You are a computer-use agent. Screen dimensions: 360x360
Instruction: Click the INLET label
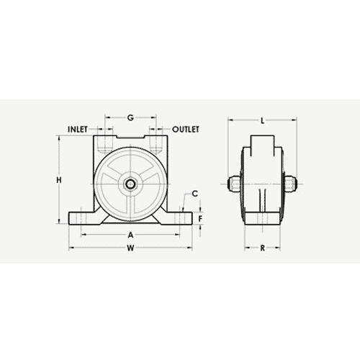[77, 130]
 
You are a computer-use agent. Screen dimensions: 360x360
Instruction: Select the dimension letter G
[130, 117]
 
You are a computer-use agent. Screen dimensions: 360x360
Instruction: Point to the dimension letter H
[60, 179]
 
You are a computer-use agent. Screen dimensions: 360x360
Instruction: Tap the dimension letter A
[130, 235]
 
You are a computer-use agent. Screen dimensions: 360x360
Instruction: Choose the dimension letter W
[130, 250]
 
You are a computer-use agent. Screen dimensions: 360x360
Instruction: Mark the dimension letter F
[201, 218]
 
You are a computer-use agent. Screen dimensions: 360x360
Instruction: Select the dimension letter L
[262, 120]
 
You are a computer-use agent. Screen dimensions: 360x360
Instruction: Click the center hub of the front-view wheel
[130, 184]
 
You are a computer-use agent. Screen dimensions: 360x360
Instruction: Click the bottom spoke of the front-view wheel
[130, 205]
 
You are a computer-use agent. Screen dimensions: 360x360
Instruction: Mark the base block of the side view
[262, 220]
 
